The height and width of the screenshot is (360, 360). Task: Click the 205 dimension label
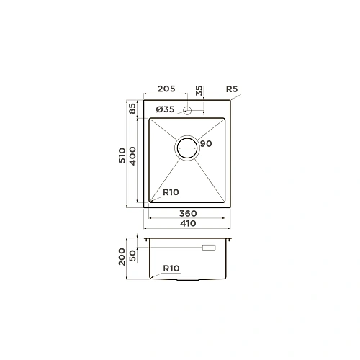tap(166, 89)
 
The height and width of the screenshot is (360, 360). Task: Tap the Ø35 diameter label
tap(165, 109)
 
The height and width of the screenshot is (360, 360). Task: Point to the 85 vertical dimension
tap(132, 110)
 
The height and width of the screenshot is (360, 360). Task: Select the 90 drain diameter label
tap(206, 144)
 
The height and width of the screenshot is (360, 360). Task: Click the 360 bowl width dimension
tap(188, 214)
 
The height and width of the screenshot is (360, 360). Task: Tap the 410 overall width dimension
tap(188, 223)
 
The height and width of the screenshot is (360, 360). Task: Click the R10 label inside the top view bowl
tap(171, 192)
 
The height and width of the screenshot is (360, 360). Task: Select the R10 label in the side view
tap(171, 268)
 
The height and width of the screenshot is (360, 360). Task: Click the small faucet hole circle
tap(188, 110)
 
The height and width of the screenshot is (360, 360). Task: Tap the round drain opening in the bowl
tap(189, 148)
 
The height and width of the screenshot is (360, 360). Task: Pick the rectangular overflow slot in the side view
tap(210, 247)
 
